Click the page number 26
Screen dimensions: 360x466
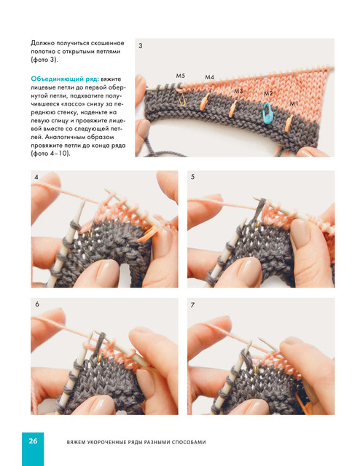pyautogui.click(x=33, y=441)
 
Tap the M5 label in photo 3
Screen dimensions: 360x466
pyautogui.click(x=180, y=76)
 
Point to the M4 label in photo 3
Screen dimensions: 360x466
pyautogui.click(x=209, y=77)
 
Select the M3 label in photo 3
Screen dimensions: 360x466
pyautogui.click(x=238, y=91)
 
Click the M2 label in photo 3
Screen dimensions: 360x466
pyautogui.click(x=268, y=93)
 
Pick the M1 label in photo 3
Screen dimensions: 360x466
pyautogui.click(x=294, y=103)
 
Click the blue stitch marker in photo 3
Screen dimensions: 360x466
pyautogui.click(x=267, y=114)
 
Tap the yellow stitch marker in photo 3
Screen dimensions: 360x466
pyautogui.click(x=182, y=100)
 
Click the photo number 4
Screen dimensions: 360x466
pyautogui.click(x=36, y=177)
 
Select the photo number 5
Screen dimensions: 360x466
pyautogui.click(x=193, y=177)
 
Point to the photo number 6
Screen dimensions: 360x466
pyautogui.click(x=37, y=304)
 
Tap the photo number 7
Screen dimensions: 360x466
pyautogui.click(x=193, y=305)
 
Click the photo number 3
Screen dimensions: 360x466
pyautogui.click(x=141, y=46)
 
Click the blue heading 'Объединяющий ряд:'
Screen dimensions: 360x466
pyautogui.click(x=65, y=79)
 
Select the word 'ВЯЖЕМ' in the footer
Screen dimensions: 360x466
pyautogui.click(x=76, y=442)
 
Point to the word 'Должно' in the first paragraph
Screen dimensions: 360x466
pyautogui.click(x=39, y=44)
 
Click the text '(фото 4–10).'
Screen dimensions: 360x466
pyautogui.click(x=50, y=154)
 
